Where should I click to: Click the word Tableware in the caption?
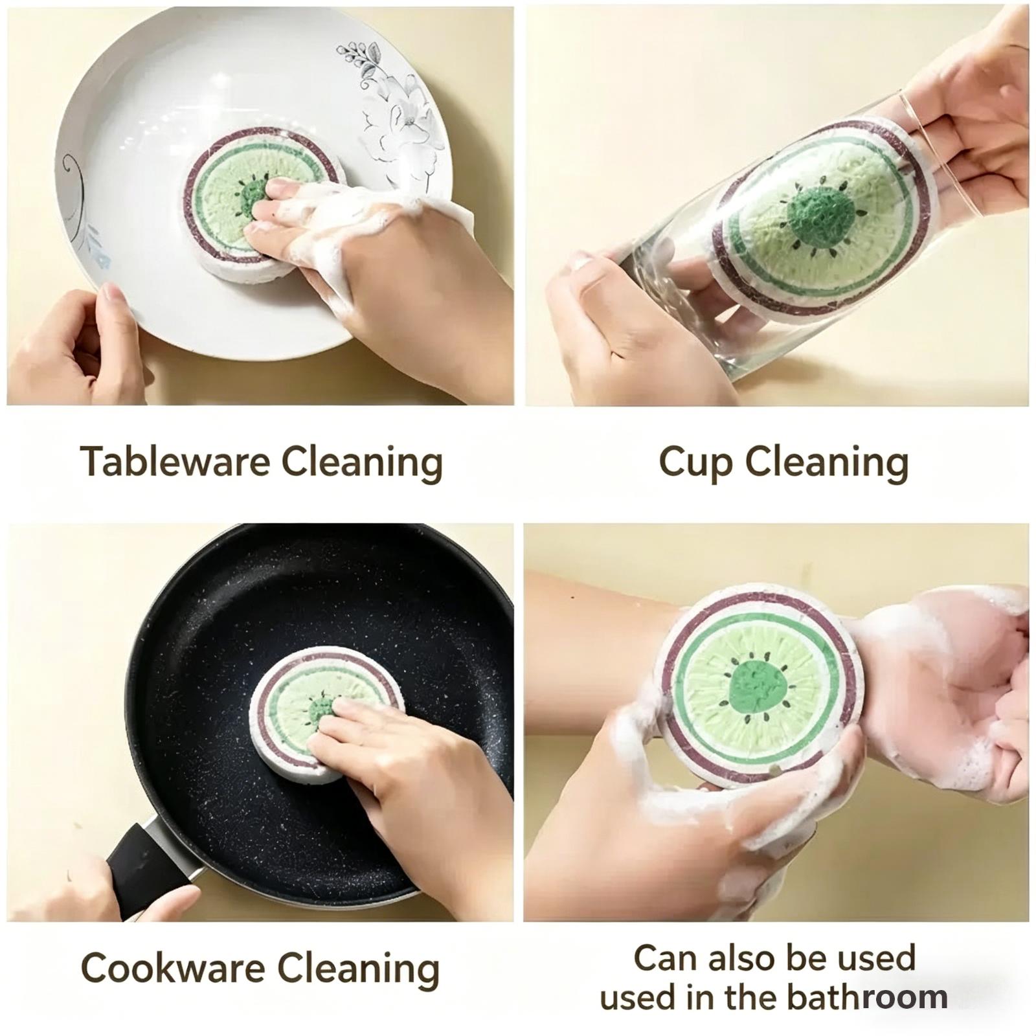click(175, 462)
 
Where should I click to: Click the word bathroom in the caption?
click(868, 997)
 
